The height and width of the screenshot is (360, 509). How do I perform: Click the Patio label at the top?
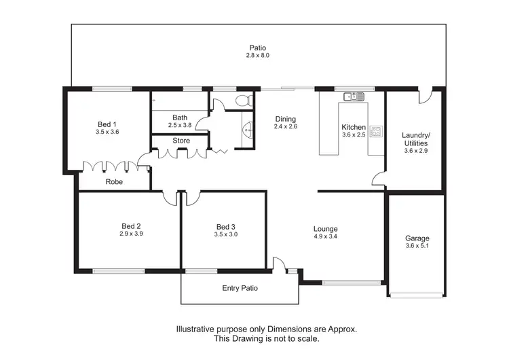point(257,48)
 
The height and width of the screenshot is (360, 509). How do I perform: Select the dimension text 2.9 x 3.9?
point(131,234)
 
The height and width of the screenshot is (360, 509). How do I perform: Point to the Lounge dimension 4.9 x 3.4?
point(325,237)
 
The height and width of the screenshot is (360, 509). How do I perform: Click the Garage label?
point(417,238)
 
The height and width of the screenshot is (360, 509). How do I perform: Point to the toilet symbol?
point(243,101)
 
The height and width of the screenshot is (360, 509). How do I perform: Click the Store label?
point(181,141)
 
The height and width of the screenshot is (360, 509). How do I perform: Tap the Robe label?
point(114,181)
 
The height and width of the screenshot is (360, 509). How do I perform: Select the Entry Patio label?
point(240,288)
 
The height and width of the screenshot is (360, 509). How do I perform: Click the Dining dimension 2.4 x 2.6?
point(285,126)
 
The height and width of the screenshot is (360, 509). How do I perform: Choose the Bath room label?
point(180,118)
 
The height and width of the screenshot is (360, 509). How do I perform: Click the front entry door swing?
point(279,264)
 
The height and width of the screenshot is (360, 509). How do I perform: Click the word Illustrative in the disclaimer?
point(197,328)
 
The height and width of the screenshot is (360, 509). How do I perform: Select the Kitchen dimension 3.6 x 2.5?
point(354,135)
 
